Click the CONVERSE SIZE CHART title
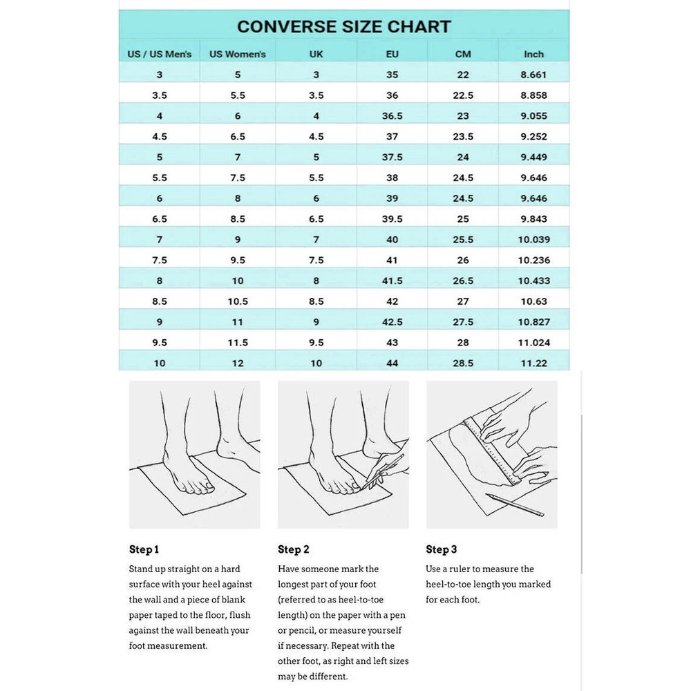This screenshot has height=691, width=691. tap(343, 27)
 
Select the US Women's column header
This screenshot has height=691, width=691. tap(238, 54)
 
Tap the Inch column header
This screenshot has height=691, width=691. tap(533, 54)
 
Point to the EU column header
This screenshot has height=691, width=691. tap(392, 54)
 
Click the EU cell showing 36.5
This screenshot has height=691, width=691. tap(392, 116)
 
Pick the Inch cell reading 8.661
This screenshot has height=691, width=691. tap(533, 75)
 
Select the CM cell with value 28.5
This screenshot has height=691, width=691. tap(463, 363)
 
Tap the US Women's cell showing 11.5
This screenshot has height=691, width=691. tap(238, 343)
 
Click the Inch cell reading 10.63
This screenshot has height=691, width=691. tap(533, 301)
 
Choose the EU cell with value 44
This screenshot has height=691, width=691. tap(392, 363)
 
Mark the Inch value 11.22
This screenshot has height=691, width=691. tap(533, 363)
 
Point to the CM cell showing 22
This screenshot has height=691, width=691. tap(463, 75)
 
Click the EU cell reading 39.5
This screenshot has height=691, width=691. tap(392, 219)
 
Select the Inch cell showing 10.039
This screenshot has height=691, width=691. tap(533, 240)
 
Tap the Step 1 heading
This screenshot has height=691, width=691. tap(144, 550)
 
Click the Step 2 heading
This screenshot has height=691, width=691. tap(293, 550)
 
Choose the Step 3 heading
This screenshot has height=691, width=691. tap(441, 550)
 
